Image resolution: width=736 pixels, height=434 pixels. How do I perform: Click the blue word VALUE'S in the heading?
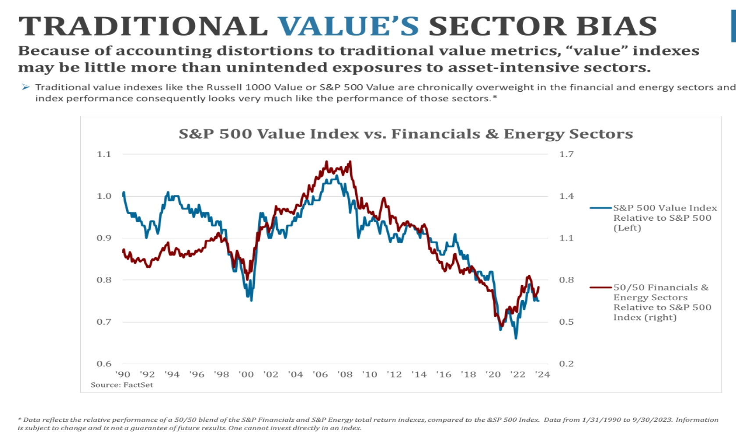coord(348,26)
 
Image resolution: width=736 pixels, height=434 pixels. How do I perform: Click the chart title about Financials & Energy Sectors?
coord(406,134)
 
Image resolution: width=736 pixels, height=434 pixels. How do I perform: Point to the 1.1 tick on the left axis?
coord(104,154)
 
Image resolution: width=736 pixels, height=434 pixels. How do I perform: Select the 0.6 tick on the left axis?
coord(104,364)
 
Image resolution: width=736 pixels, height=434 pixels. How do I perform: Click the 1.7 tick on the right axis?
coord(566,154)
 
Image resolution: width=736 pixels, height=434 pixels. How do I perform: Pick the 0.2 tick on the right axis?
coord(566,364)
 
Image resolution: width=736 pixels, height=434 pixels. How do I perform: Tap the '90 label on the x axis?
coord(123,375)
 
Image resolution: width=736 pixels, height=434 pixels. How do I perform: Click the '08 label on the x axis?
coord(345,375)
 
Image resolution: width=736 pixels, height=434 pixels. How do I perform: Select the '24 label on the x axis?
coord(543,375)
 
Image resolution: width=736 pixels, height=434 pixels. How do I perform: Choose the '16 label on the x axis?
coord(444,375)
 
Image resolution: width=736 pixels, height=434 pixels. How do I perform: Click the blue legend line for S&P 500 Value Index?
coord(600,208)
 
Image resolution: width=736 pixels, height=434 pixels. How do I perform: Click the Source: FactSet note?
coord(122,385)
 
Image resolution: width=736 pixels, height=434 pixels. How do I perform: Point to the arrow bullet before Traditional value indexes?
coord(25,87)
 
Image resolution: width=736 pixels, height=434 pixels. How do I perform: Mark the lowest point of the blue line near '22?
coord(516,338)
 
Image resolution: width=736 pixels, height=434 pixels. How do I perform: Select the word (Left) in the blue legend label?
coord(627,228)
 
